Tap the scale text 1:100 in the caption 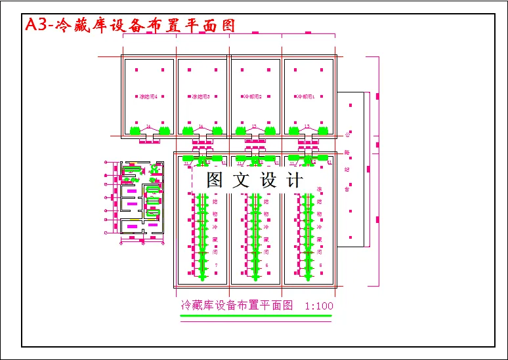pyautogui.click(x=319, y=306)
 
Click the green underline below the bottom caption pyautogui.click(x=255, y=316)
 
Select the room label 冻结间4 pyautogui.click(x=148, y=96)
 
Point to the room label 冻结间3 pyautogui.click(x=201, y=96)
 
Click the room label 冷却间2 pyautogui.click(x=253, y=96)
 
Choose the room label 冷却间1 pyautogui.click(x=307, y=96)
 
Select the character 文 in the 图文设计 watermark pyautogui.click(x=242, y=180)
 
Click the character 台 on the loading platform pyautogui.click(x=347, y=189)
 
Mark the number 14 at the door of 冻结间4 pyautogui.click(x=148, y=126)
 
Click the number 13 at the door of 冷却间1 pyautogui.click(x=307, y=126)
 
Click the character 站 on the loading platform pyautogui.click(x=347, y=170)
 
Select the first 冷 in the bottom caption pyautogui.click(x=186, y=306)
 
